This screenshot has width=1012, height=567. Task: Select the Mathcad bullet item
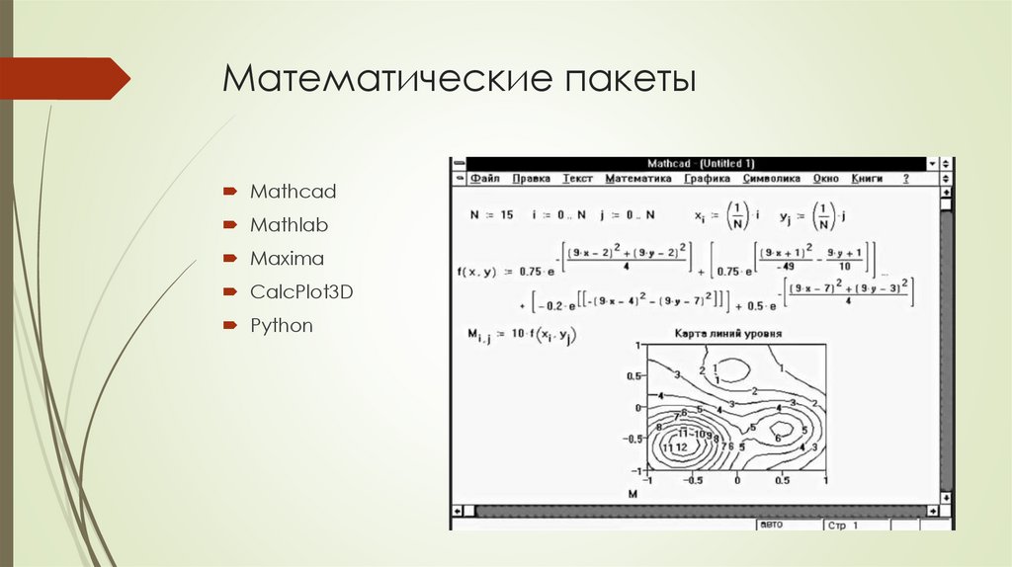293,191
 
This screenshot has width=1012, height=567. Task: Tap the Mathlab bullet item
289,225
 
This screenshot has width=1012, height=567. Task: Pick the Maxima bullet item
287,259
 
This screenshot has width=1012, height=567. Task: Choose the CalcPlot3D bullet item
301,292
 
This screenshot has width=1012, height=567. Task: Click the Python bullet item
281,326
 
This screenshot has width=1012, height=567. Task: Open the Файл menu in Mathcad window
485,179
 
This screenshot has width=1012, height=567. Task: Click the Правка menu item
532,179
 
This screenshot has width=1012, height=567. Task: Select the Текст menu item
577,179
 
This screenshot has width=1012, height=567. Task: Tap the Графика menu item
707,179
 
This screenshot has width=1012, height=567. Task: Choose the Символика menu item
771,179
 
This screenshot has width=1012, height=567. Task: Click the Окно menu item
825,179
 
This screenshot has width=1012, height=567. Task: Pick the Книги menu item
867,179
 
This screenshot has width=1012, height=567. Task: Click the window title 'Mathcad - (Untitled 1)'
701,163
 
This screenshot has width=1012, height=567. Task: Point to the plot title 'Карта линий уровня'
729,334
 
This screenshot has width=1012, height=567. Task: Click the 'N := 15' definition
491,214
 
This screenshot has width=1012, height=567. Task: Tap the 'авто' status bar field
771,525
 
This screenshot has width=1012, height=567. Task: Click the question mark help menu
905,179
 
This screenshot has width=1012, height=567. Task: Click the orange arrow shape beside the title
64,78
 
